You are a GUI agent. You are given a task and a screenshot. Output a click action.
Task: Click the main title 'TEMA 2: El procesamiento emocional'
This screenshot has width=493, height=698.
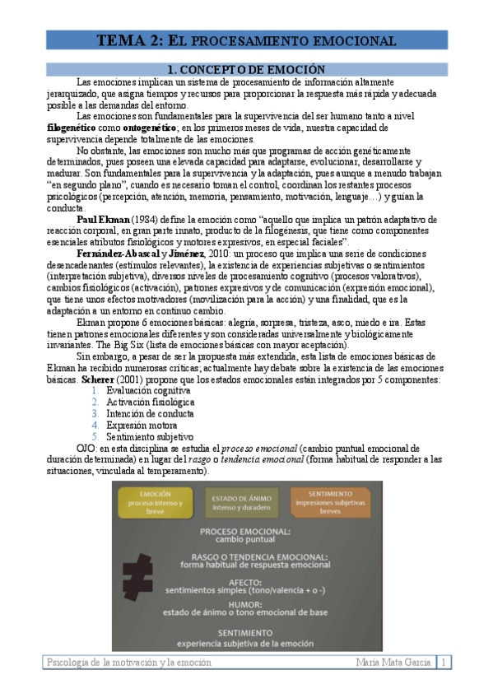tap(246, 40)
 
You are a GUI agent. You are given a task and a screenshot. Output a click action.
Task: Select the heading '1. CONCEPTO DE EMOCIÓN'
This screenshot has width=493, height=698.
tap(246, 70)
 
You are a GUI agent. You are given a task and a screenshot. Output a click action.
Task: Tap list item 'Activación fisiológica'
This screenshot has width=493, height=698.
tap(151, 403)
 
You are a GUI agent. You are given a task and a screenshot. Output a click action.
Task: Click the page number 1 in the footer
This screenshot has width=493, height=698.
tap(444, 662)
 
